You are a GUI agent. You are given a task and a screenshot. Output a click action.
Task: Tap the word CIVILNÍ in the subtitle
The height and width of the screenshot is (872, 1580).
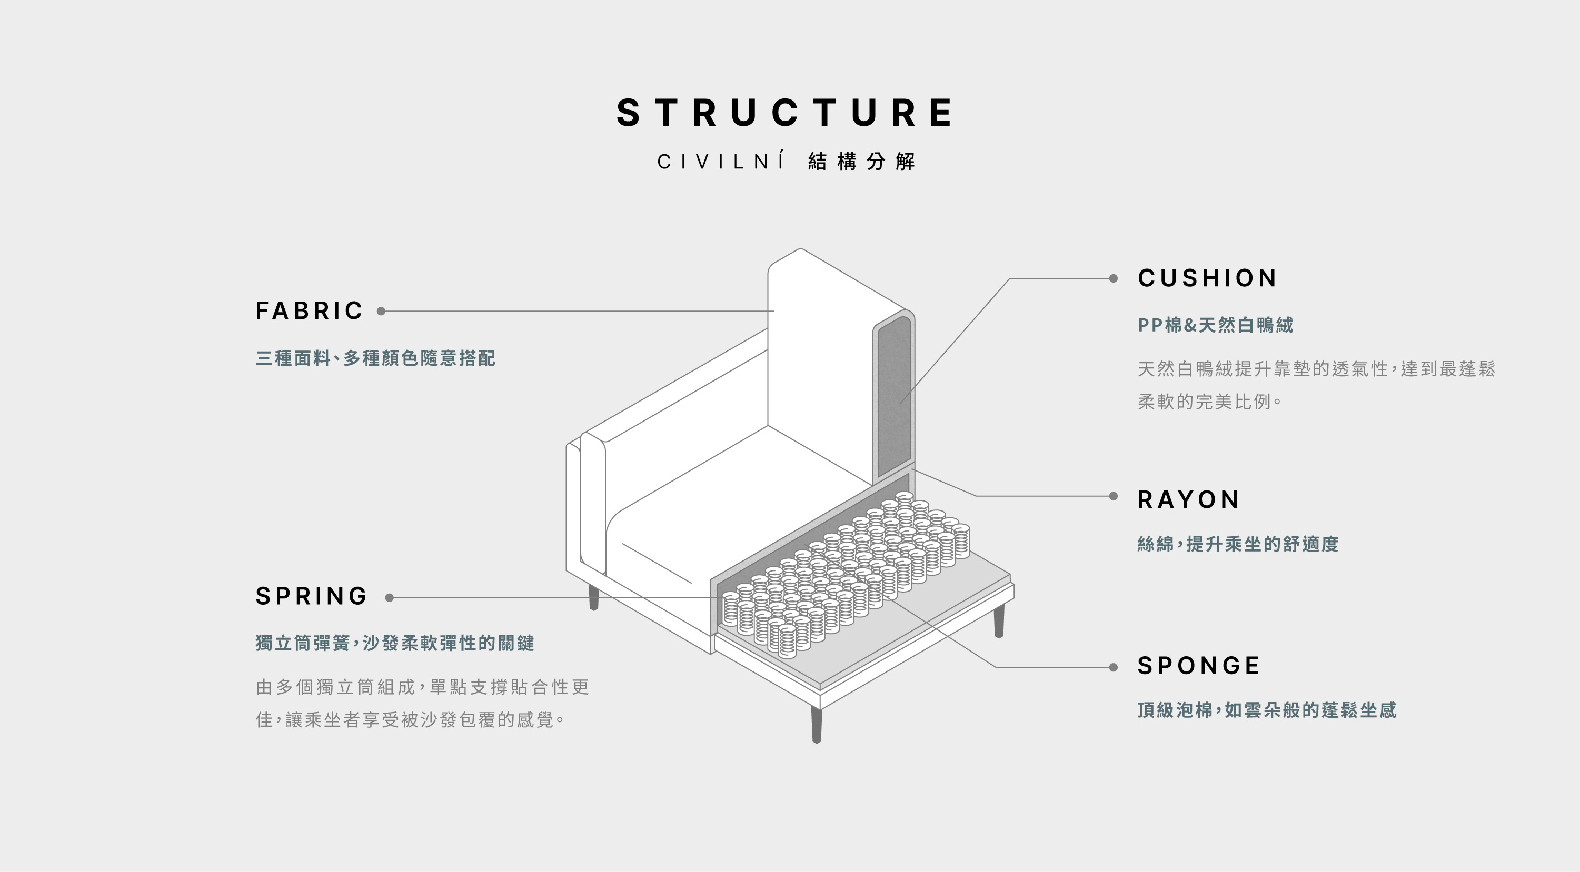pos(721,162)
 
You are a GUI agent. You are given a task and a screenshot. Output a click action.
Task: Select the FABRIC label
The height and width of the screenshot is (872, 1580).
pos(309,311)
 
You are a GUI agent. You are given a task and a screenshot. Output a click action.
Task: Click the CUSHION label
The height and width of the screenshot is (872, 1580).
pos(1207,278)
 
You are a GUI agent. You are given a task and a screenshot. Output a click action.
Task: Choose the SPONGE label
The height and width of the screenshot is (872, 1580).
pos(1198,666)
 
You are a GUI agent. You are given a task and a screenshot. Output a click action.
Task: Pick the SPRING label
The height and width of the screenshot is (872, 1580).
pos(312,596)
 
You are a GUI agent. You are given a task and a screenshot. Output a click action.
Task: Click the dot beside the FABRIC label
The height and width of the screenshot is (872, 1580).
pos(381,311)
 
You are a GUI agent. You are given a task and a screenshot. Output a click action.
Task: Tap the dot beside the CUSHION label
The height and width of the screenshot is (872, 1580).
pos(1113,278)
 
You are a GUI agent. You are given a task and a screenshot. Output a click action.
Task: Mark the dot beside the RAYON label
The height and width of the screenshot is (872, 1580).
pos(1113,496)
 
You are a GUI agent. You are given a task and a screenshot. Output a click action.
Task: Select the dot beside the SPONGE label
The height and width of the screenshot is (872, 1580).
pos(1113,667)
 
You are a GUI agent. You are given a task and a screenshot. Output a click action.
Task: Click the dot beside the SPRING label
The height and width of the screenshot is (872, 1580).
pos(390,597)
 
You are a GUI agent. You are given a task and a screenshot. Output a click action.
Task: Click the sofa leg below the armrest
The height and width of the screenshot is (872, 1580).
pos(593,597)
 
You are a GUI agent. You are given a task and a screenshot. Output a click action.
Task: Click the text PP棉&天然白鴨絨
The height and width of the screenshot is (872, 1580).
pos(1215,325)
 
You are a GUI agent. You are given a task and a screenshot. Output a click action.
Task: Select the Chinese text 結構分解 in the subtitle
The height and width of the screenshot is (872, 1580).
pos(862,162)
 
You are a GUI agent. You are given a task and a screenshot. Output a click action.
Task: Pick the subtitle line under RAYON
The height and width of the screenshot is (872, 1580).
pos(1238,544)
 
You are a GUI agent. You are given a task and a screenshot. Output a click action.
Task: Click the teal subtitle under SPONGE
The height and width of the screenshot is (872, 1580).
pos(1267,710)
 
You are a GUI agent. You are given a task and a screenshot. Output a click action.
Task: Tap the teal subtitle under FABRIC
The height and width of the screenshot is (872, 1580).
pos(375,358)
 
